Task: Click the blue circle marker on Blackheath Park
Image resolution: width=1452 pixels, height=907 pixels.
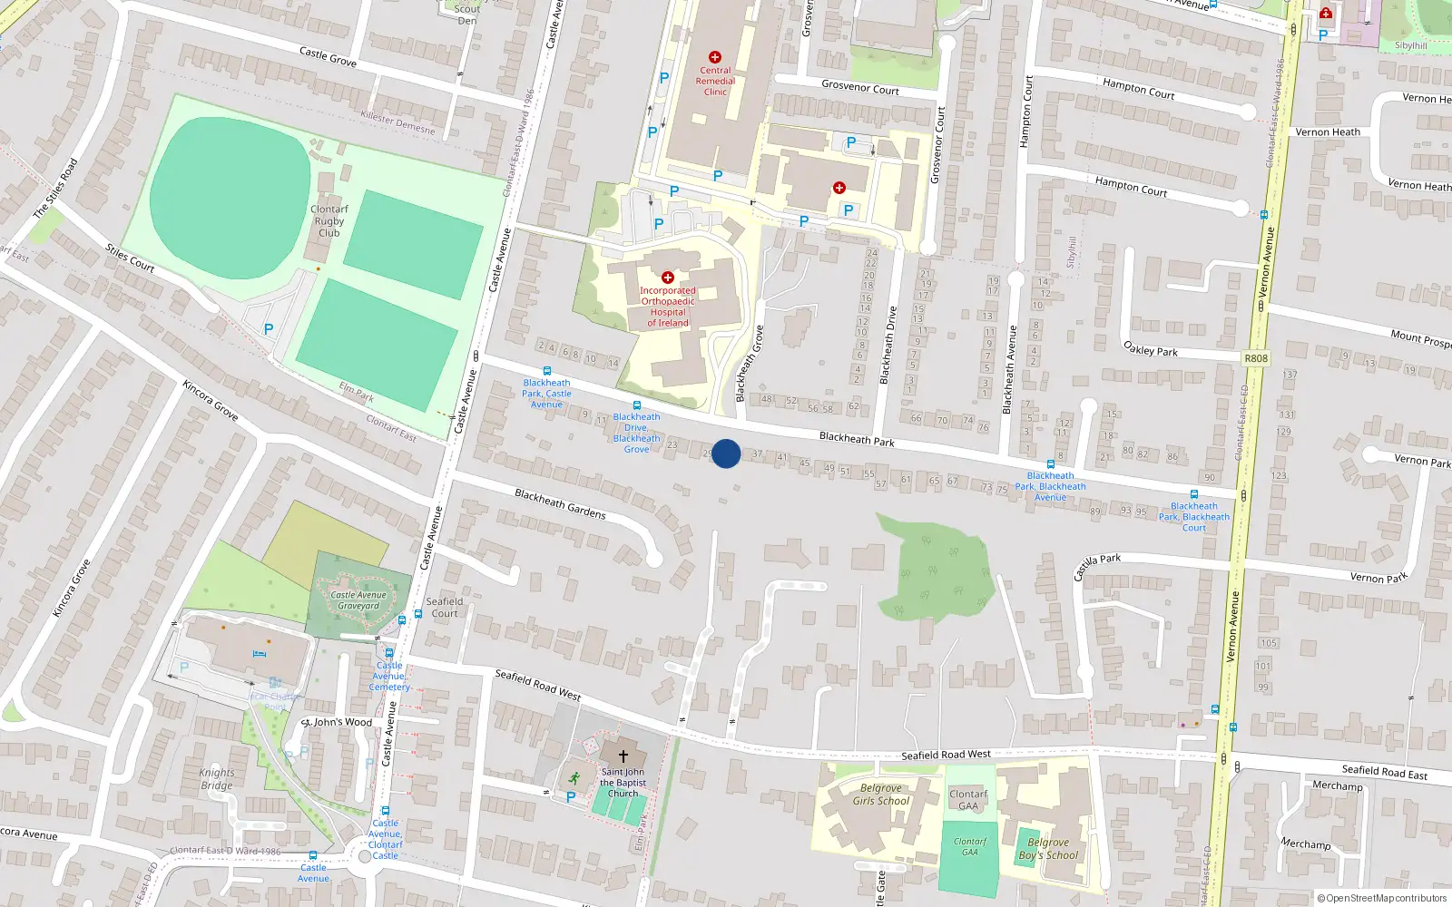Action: (725, 453)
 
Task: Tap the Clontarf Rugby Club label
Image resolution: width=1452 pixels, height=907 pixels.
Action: (329, 221)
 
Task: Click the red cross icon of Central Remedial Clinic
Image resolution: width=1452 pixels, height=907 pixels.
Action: (715, 57)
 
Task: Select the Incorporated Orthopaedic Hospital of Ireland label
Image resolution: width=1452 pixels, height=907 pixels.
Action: (668, 307)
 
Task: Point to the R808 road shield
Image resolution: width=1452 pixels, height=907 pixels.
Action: (1256, 358)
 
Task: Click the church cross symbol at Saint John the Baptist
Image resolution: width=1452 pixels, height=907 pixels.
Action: (623, 756)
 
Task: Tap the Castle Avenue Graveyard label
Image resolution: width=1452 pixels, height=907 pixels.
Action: (358, 600)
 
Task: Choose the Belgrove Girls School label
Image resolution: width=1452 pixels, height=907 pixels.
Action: (880, 795)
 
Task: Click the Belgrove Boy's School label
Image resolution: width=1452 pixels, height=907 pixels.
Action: (1048, 849)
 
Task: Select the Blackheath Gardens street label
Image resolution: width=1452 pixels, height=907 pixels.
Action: (560, 504)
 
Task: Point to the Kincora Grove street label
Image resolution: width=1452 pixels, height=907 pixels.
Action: (211, 401)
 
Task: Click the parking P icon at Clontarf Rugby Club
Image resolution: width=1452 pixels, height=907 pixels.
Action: (269, 329)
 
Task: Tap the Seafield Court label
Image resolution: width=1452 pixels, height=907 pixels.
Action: (445, 608)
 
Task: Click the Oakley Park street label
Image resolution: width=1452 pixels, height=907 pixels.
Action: (1151, 349)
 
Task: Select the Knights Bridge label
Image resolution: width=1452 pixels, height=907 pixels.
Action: (217, 779)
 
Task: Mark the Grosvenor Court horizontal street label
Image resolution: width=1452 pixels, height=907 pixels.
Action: (859, 88)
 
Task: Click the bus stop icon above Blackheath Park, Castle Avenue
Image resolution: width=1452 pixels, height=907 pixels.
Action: (546, 371)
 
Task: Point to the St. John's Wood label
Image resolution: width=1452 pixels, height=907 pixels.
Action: (337, 722)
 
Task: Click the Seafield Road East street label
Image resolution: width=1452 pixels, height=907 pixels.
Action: (1384, 772)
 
